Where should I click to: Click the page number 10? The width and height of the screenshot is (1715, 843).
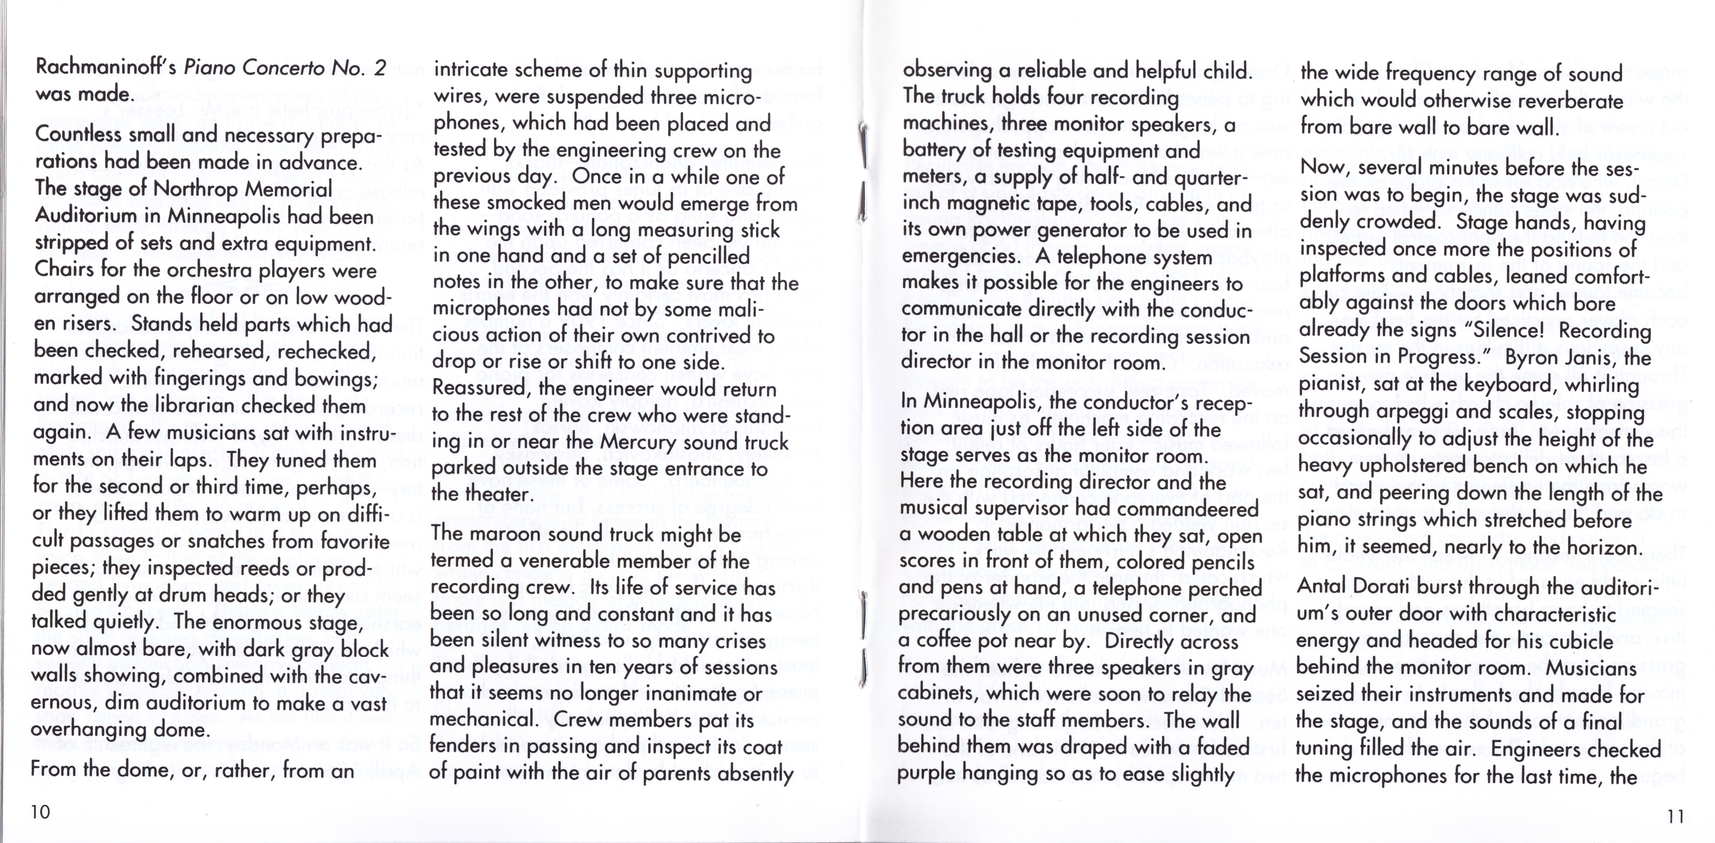tap(40, 812)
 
